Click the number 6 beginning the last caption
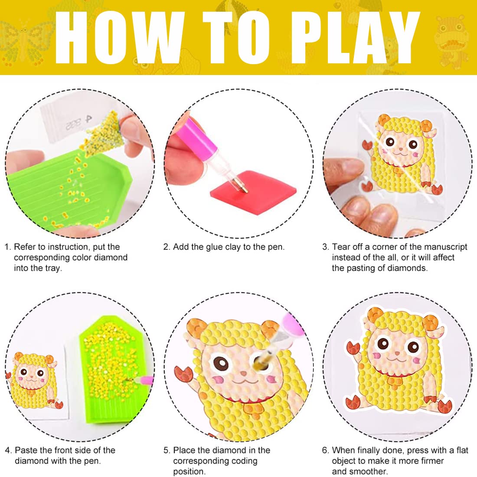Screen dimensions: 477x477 pyautogui.click(x=325, y=450)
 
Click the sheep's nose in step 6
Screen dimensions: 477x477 pyautogui.click(x=397, y=353)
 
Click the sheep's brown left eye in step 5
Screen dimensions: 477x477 pyautogui.click(x=221, y=362)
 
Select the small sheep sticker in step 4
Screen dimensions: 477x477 pyautogui.click(x=33, y=381)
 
